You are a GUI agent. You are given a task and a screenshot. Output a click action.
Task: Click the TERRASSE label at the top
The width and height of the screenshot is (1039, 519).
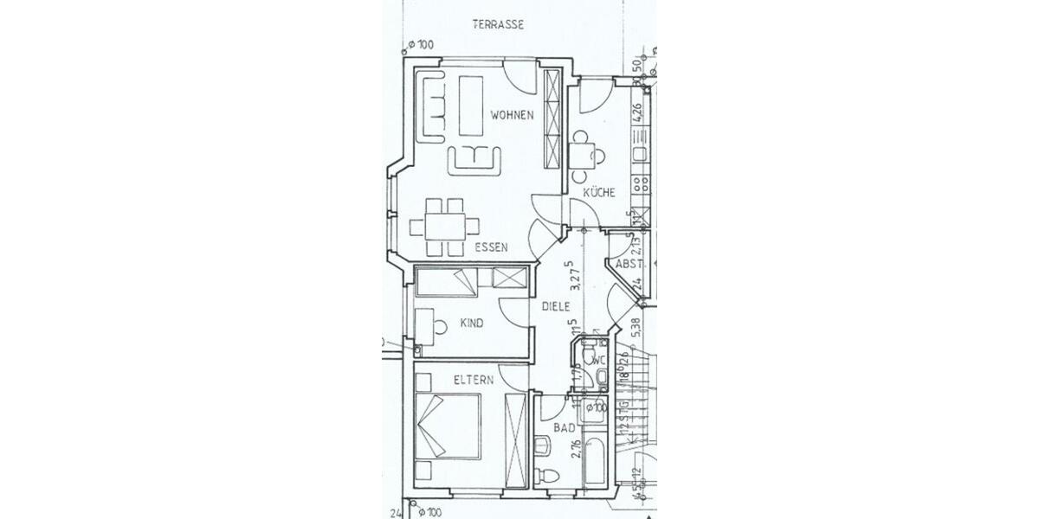pyautogui.click(x=498, y=24)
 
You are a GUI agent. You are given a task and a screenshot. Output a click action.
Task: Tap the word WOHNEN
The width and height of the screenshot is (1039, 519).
pyautogui.click(x=512, y=115)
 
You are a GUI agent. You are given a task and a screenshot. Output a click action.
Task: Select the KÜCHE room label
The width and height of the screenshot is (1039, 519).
pyautogui.click(x=598, y=193)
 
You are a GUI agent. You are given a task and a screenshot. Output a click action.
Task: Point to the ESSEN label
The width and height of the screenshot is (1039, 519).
pyautogui.click(x=491, y=247)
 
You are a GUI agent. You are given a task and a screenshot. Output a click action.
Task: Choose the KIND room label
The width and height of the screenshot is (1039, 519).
pyautogui.click(x=472, y=324)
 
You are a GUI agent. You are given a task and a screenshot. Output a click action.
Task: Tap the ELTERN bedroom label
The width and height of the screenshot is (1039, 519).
pyautogui.click(x=474, y=380)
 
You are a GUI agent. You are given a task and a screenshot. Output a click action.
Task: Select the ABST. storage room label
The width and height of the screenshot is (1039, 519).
pyautogui.click(x=628, y=265)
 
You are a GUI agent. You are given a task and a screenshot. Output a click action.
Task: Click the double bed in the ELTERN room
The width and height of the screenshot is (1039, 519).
pyautogui.click(x=448, y=428)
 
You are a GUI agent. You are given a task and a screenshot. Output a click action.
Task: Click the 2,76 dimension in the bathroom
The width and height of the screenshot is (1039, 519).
pyautogui.click(x=575, y=449)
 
